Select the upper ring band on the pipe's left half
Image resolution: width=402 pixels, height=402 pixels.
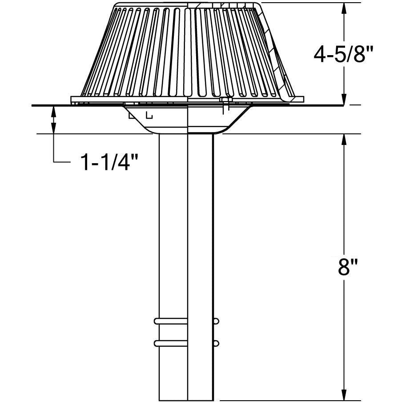point(171,321)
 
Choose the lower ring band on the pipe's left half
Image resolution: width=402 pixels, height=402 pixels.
point(171,343)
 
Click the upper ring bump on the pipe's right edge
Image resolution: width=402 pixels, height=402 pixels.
point(216,321)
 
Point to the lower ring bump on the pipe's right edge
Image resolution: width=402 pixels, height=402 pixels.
point(216,343)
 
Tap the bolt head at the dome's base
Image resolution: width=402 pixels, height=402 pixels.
point(225,105)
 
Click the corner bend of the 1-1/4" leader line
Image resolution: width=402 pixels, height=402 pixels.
point(54,163)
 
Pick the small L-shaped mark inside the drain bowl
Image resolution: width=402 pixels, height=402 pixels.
point(149,116)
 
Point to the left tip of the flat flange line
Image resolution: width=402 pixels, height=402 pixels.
point(33,105)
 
